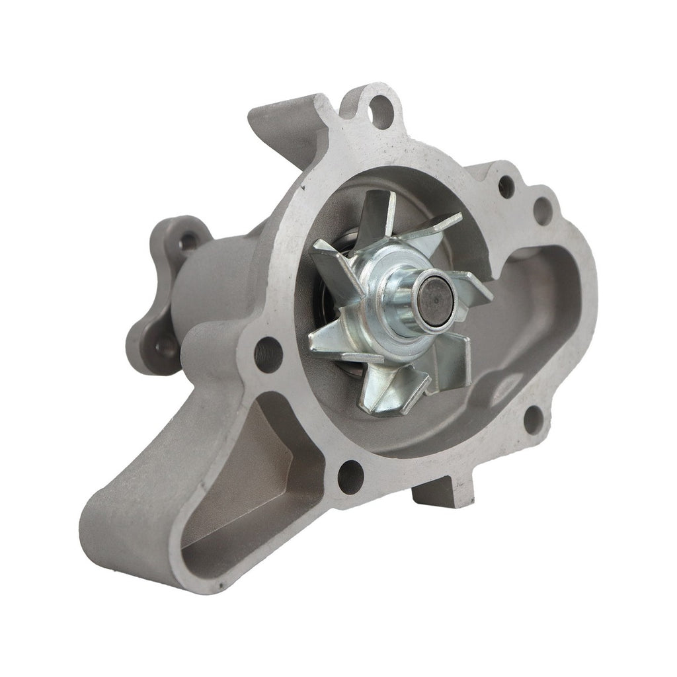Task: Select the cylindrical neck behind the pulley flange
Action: tap(225, 284)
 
